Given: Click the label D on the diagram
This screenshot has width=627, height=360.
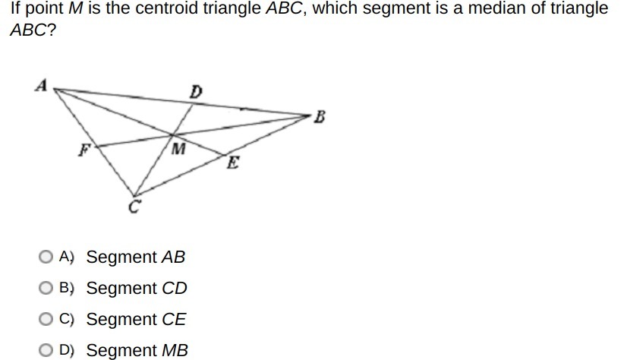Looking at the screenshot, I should coord(196,92).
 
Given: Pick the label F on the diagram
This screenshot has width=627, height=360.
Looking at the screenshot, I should coord(84,150).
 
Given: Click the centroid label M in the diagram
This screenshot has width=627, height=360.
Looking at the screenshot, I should coord(178,149).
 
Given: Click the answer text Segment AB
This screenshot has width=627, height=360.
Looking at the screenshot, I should coord(135,257).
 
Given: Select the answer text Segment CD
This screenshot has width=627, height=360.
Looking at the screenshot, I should coord(136,289).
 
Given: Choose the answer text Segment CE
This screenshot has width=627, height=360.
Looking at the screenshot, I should coord(136,320).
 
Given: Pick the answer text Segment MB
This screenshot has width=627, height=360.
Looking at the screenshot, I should coord(137,351).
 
